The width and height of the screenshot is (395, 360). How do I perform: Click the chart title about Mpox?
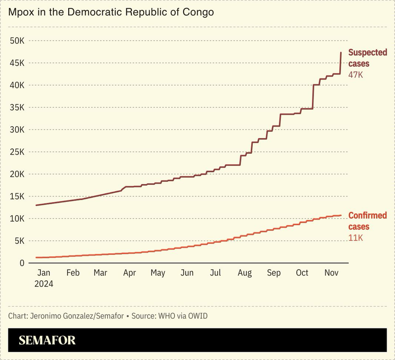click(x=111, y=12)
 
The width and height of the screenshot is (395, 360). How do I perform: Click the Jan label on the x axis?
click(x=43, y=273)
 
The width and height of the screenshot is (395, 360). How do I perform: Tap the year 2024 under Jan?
click(x=43, y=284)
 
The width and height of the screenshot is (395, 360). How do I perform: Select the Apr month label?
click(x=130, y=273)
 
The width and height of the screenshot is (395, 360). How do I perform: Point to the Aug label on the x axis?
click(x=244, y=273)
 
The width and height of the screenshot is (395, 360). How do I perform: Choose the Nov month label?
click(x=331, y=273)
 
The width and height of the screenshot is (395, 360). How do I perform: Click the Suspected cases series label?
click(x=367, y=58)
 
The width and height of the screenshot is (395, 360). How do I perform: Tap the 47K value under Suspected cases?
click(x=355, y=75)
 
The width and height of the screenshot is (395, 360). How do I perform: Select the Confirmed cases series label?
click(x=367, y=221)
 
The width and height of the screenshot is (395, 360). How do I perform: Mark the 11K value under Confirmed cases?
click(x=355, y=238)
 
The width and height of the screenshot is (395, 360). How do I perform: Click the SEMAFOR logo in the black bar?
click(x=47, y=340)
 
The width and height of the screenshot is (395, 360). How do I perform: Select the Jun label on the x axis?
click(x=187, y=273)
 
